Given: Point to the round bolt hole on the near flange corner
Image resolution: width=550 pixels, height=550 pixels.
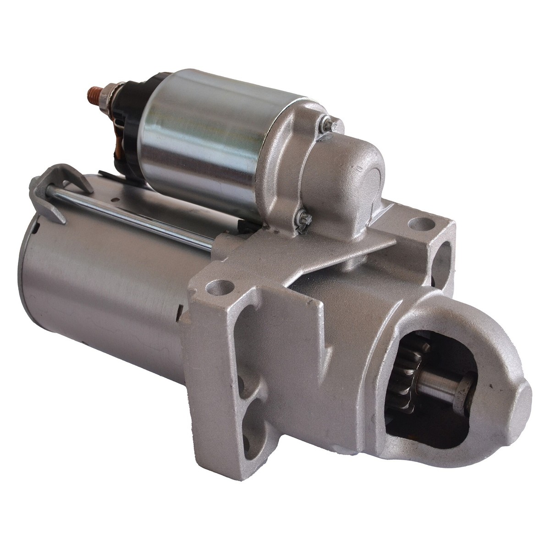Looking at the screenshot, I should coord(214,288).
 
